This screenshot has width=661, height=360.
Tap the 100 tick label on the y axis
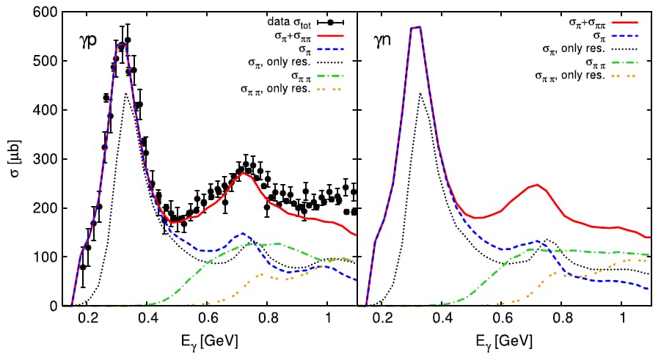pos(50,257)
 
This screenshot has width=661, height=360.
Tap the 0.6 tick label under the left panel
pos(208,320)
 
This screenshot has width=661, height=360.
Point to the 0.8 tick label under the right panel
pos(563,320)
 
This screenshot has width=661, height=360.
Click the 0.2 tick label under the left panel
pos(88,320)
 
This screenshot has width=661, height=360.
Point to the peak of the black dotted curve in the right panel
pos(420,93)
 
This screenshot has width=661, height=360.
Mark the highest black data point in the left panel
pos(128,40)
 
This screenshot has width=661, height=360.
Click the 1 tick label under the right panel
pos(623,320)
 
